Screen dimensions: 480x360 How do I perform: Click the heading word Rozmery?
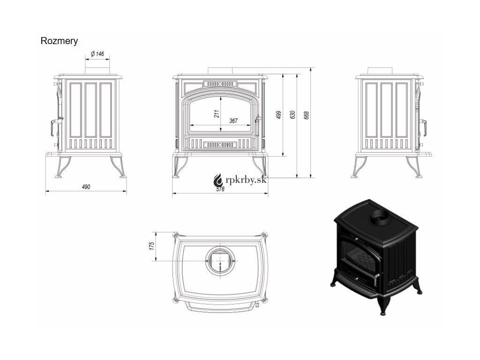[59, 41]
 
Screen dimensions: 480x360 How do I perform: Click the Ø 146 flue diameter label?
[97, 53]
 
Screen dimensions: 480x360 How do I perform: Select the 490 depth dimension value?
[86, 187]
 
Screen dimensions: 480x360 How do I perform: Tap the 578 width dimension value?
[220, 188]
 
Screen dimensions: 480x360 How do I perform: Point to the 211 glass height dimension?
[217, 114]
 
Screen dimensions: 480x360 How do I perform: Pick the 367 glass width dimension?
[233, 121]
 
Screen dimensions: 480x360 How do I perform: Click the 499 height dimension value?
[278, 115]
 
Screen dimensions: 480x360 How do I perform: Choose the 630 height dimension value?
[292, 115]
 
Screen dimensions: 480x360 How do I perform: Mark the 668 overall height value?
[307, 115]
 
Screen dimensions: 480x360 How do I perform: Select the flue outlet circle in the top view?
[219, 259]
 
